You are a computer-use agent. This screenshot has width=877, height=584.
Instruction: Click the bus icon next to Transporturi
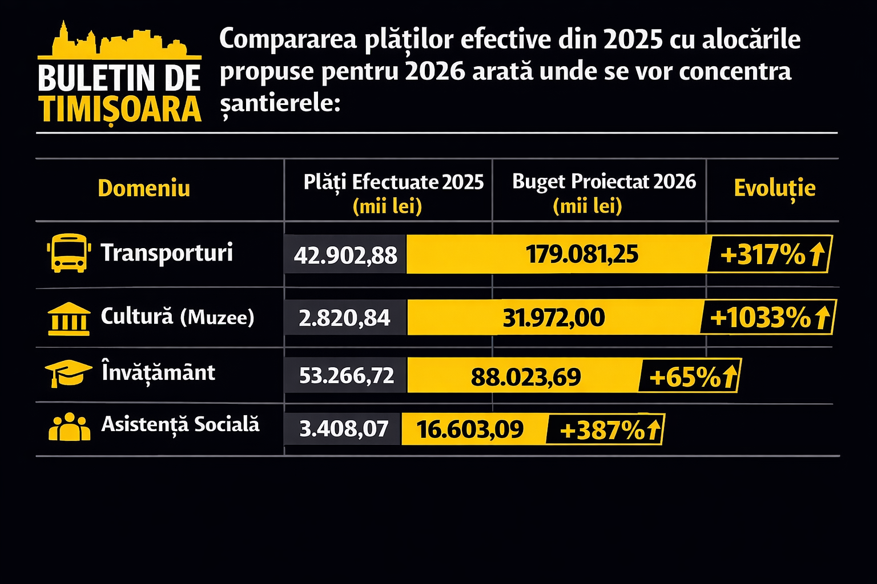(x=69, y=253)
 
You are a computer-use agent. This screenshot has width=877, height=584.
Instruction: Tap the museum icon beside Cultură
(x=69, y=318)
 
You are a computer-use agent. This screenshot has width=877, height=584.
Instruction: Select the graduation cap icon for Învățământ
(x=68, y=373)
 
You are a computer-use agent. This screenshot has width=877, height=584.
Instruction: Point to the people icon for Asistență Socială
(x=69, y=427)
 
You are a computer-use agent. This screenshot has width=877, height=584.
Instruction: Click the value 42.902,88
(x=345, y=255)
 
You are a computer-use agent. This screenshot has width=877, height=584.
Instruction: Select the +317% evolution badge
(x=769, y=254)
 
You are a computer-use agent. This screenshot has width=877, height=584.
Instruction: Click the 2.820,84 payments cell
(x=344, y=318)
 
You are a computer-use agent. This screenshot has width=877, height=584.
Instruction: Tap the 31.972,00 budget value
(x=553, y=318)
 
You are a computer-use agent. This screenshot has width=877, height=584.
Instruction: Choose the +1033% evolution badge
(x=767, y=317)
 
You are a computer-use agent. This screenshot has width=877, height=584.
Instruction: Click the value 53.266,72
(x=347, y=375)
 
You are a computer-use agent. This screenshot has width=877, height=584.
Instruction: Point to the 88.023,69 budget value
(x=525, y=376)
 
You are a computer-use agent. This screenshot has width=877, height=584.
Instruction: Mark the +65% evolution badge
(x=690, y=376)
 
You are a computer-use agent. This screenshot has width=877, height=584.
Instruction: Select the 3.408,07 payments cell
(x=344, y=428)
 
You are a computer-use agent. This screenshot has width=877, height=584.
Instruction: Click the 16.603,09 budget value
(x=470, y=429)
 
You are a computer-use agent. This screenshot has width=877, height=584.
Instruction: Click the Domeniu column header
(x=144, y=188)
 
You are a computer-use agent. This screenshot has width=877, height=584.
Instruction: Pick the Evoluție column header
(x=774, y=188)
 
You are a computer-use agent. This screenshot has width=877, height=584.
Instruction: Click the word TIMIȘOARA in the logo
(x=120, y=109)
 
